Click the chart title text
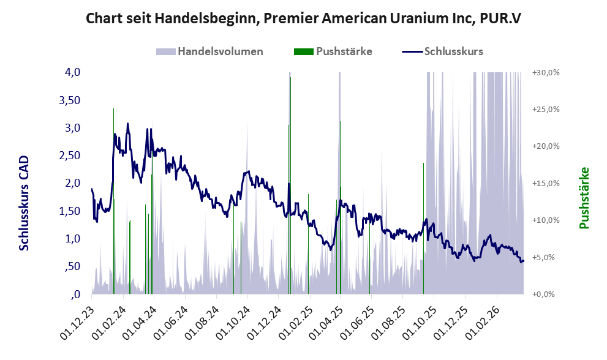tap(303, 18)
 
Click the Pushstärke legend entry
tap(344, 51)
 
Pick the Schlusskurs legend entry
tap(453, 51)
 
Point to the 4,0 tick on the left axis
tap(72, 72)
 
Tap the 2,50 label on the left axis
tap(69, 156)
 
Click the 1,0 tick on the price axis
tap(72, 239)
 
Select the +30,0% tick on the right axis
tap(545, 72)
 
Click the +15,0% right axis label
tap(545, 183)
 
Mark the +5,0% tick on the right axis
tap(546, 257)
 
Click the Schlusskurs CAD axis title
tap(24, 203)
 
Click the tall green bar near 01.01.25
tap(290, 184)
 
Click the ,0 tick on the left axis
tap(75, 294)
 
